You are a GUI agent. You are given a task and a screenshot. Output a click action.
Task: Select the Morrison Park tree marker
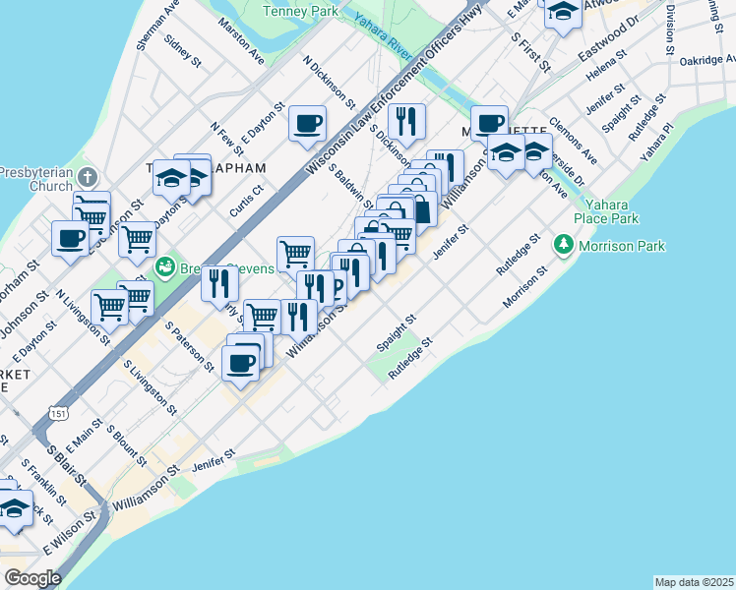pyautogui.click(x=563, y=243)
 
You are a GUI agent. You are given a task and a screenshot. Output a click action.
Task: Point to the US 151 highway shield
pyautogui.click(x=60, y=416)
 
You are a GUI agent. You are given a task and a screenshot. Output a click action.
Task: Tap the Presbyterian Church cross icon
pyautogui.click(x=88, y=177)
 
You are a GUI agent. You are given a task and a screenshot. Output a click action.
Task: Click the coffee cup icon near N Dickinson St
pyautogui.click(x=307, y=124)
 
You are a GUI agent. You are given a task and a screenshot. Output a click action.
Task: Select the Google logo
pyautogui.click(x=32, y=578)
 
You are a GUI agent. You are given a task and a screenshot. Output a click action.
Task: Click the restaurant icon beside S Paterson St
pyautogui.click(x=219, y=284)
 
